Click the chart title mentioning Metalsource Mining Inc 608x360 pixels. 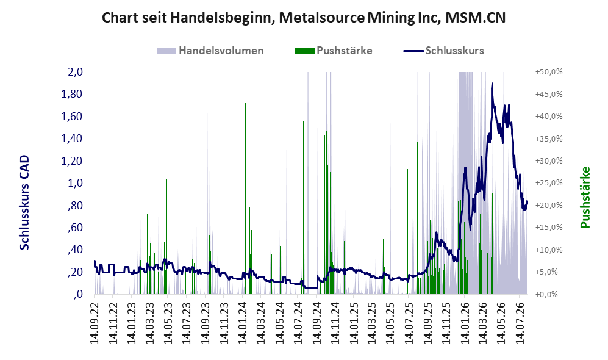click(304, 18)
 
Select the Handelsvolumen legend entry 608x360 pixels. click(210, 51)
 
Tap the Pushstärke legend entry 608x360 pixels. click(334, 51)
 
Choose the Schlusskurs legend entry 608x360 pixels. click(443, 51)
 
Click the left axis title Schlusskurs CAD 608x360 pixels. click(24, 203)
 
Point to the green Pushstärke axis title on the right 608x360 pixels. click(585, 197)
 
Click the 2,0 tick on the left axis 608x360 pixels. click(75, 72)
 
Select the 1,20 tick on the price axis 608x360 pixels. click(72, 160)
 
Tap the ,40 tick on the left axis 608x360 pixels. click(75, 250)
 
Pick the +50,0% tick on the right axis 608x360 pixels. click(549, 72)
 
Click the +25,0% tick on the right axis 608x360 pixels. click(549, 182)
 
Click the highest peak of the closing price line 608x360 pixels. click(493, 84)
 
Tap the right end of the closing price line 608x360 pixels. click(526, 201)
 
